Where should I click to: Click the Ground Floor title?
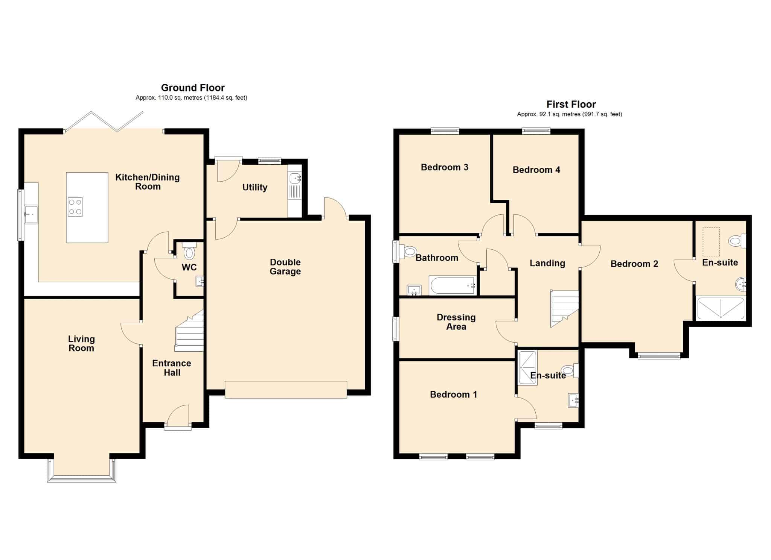point(193,88)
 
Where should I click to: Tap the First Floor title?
point(571,104)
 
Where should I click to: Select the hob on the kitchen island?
point(75,207)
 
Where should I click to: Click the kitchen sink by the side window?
point(31,214)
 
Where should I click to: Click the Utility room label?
point(255,187)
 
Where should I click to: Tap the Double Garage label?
point(285,267)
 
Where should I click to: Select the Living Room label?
point(81,343)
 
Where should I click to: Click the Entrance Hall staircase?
point(189,330)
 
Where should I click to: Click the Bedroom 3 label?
point(445,167)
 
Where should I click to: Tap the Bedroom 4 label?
point(536,170)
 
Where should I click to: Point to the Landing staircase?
point(564,308)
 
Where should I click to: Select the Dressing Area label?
point(456,322)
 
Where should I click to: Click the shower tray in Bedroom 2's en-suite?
point(721,309)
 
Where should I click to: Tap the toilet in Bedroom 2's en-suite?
point(737,241)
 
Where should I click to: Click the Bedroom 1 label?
point(454,395)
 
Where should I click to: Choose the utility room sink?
point(295,178)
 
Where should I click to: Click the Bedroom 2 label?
point(634,264)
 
